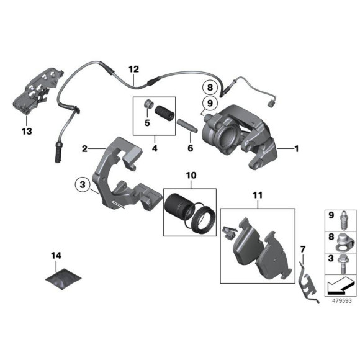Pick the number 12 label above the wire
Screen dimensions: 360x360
point(132,70)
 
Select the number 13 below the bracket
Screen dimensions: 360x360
point(25,131)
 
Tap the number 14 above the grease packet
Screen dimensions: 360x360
point(57,255)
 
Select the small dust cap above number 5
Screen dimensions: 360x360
point(150,102)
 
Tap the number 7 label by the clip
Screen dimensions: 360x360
point(302,249)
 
